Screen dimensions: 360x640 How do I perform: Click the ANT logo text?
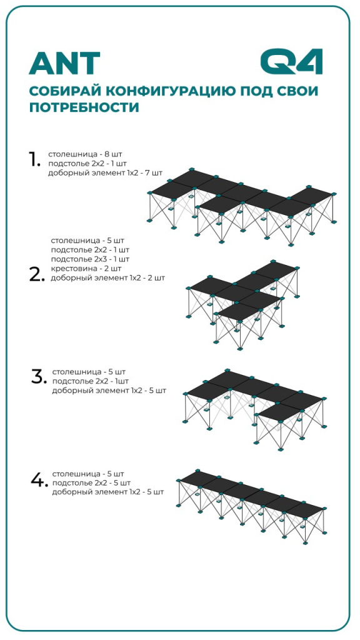click(x=64, y=63)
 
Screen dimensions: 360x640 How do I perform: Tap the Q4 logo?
click(x=291, y=61)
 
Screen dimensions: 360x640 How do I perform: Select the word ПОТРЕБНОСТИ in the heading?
click(x=84, y=107)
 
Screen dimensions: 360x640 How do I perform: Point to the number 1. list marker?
click(x=34, y=159)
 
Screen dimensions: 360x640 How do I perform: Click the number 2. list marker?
click(x=36, y=275)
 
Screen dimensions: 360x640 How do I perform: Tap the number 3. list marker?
click(x=39, y=377)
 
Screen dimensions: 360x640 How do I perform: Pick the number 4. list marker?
click(x=39, y=479)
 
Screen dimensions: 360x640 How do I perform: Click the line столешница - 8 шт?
click(x=85, y=154)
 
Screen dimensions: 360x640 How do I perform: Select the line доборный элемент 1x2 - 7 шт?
click(x=105, y=172)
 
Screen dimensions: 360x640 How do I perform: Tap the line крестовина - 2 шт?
click(x=86, y=269)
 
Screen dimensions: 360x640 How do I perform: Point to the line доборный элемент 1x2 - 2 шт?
click(x=107, y=278)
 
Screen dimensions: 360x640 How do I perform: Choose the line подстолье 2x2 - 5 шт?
click(x=91, y=483)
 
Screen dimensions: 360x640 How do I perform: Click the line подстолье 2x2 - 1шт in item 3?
click(x=90, y=382)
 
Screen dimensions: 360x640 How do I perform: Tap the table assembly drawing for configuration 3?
click(x=254, y=409)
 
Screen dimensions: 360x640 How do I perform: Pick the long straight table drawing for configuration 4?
click(x=252, y=506)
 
